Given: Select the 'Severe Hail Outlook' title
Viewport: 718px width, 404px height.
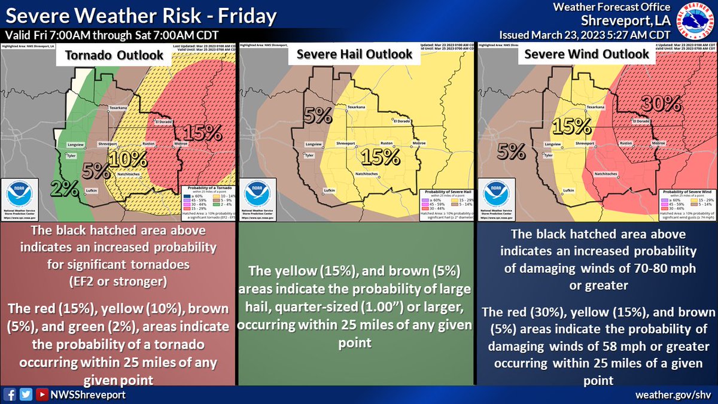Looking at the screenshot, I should (355, 54).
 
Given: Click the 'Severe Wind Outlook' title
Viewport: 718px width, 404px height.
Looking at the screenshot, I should (586, 54).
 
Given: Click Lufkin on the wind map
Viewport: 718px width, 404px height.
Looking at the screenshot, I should (568, 191).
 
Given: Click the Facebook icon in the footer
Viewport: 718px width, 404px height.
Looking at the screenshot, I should (9, 394).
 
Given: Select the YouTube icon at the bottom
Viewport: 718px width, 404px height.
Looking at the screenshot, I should (41, 394).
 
